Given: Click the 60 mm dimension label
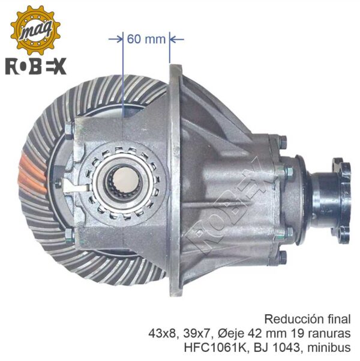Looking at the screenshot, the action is pyautogui.click(x=146, y=39).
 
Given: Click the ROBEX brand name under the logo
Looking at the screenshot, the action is pyautogui.click(x=36, y=66).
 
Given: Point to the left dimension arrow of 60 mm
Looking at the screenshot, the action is pyautogui.click(x=116, y=40).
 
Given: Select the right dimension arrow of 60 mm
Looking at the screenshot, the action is pyautogui.click(x=176, y=40).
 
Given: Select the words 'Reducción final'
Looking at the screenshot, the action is pyautogui.click(x=307, y=320).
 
